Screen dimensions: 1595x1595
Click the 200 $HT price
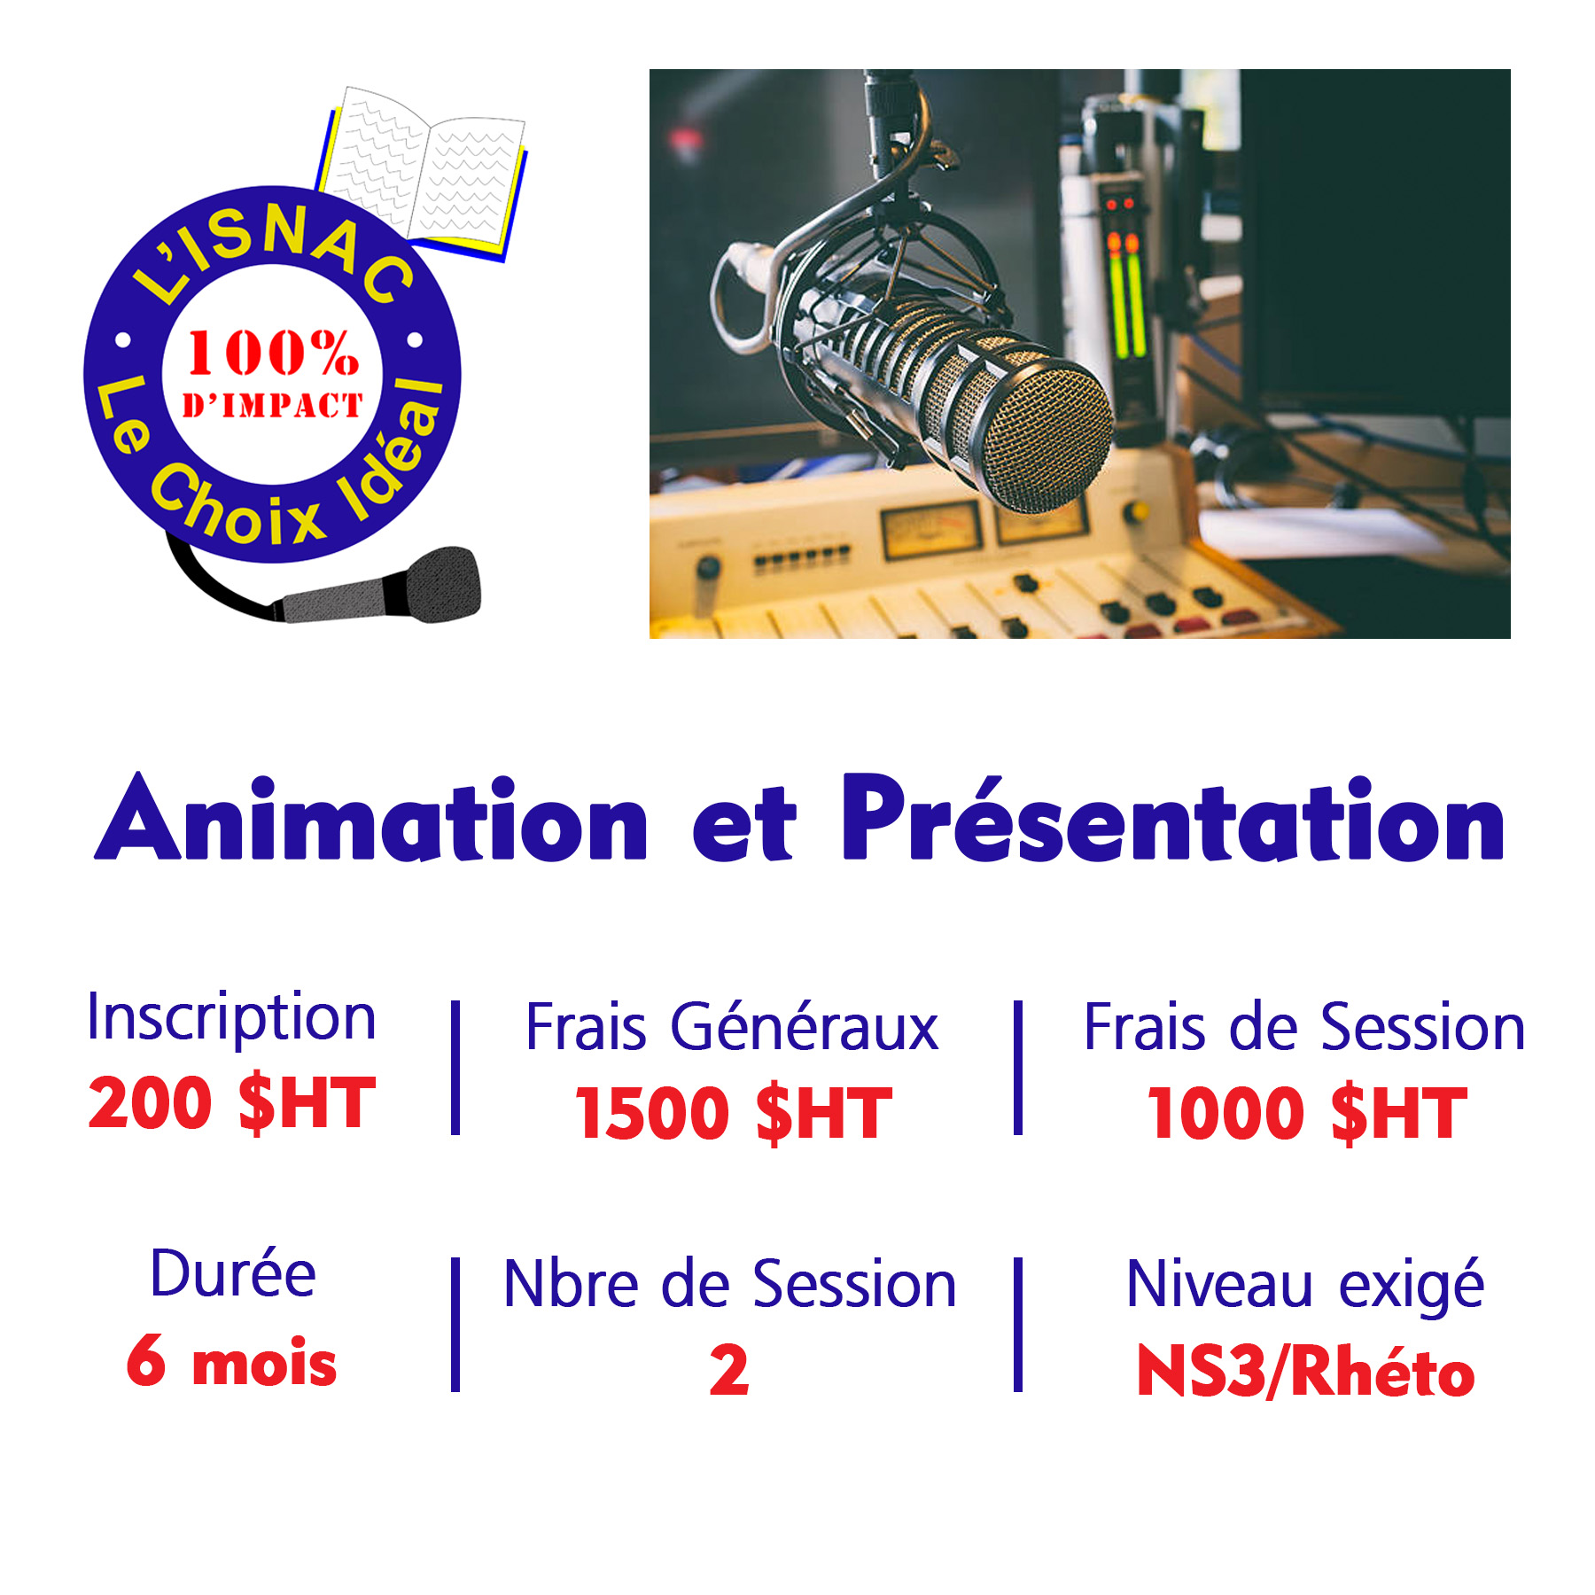[232, 1102]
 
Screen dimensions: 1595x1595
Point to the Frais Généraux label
[732, 1027]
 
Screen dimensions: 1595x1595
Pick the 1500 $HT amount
[734, 1113]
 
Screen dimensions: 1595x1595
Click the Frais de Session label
[1304, 1027]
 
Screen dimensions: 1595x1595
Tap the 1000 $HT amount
[1307, 1113]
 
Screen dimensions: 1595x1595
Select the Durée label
[233, 1274]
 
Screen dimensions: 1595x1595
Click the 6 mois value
[232, 1361]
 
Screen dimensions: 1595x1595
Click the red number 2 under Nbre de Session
[729, 1371]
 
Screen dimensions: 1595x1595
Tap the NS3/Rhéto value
[1305, 1372]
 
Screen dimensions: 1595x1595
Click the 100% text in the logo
[273, 353]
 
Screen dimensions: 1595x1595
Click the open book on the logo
[422, 172]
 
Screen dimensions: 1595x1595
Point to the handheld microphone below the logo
[381, 588]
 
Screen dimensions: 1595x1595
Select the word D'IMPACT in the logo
[273, 406]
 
